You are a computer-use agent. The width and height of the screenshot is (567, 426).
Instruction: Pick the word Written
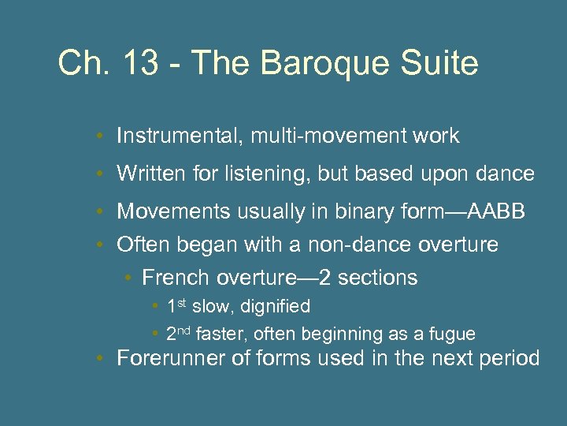[x=147, y=174]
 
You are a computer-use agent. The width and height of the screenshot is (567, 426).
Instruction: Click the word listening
[x=265, y=174]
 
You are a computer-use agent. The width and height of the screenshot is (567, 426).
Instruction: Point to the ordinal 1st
[x=177, y=305]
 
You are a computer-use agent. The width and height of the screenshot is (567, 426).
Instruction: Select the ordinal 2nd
[x=179, y=334]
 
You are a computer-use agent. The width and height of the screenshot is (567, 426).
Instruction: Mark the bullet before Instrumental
[x=102, y=136]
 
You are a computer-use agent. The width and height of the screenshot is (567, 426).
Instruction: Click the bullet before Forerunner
[x=102, y=360]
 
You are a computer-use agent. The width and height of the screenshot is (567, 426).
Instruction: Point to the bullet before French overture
[x=128, y=278]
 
